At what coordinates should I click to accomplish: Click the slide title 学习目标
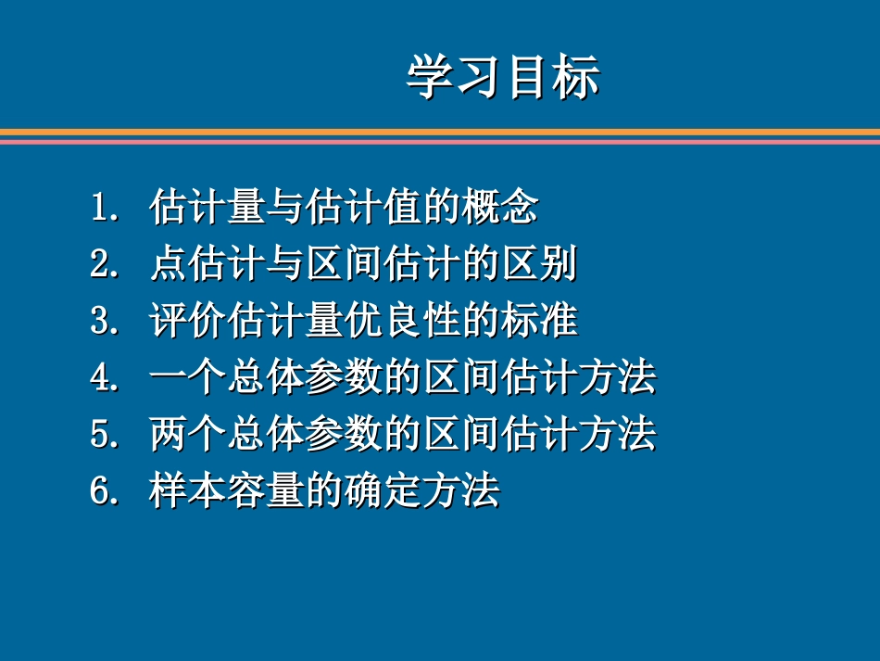coord(503,77)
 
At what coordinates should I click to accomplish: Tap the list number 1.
coord(101,207)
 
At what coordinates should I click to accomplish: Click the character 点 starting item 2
coord(168,265)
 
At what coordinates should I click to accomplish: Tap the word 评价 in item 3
coord(187,322)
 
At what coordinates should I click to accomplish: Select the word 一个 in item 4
coord(187,378)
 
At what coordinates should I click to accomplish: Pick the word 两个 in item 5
coord(187,435)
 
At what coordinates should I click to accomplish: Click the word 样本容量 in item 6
coord(226,491)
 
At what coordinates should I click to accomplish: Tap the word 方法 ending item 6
coord(459,491)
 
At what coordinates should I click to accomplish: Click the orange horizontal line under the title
coord(440,132)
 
